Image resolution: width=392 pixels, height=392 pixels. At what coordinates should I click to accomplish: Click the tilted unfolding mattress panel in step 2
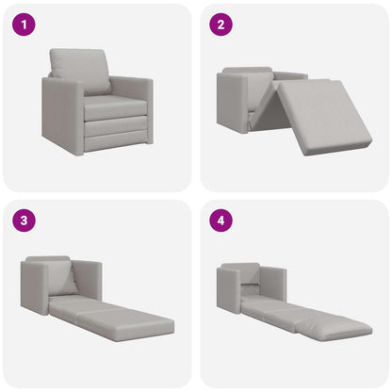coord(325,113)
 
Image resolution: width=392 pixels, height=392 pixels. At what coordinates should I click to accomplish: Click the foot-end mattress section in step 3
coord(127,325)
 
